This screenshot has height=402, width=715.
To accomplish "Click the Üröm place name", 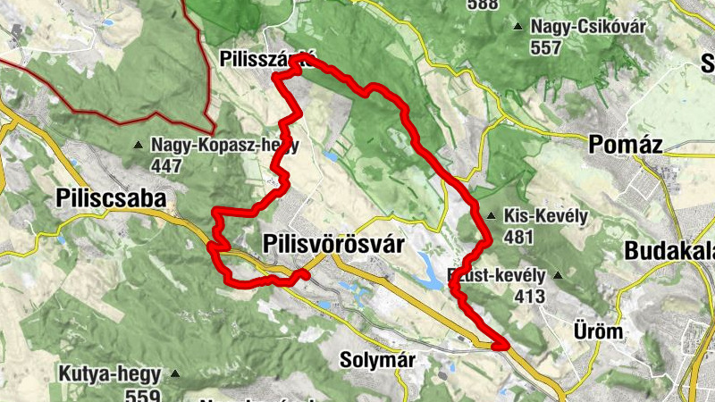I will pos(597,331).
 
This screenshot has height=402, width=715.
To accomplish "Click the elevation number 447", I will pos(166,165).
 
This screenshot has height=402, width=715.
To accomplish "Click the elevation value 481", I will pos(518,238).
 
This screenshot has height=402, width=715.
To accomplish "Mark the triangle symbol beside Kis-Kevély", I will pos(492,216).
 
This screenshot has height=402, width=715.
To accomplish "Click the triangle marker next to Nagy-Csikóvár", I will pos(517,26).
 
